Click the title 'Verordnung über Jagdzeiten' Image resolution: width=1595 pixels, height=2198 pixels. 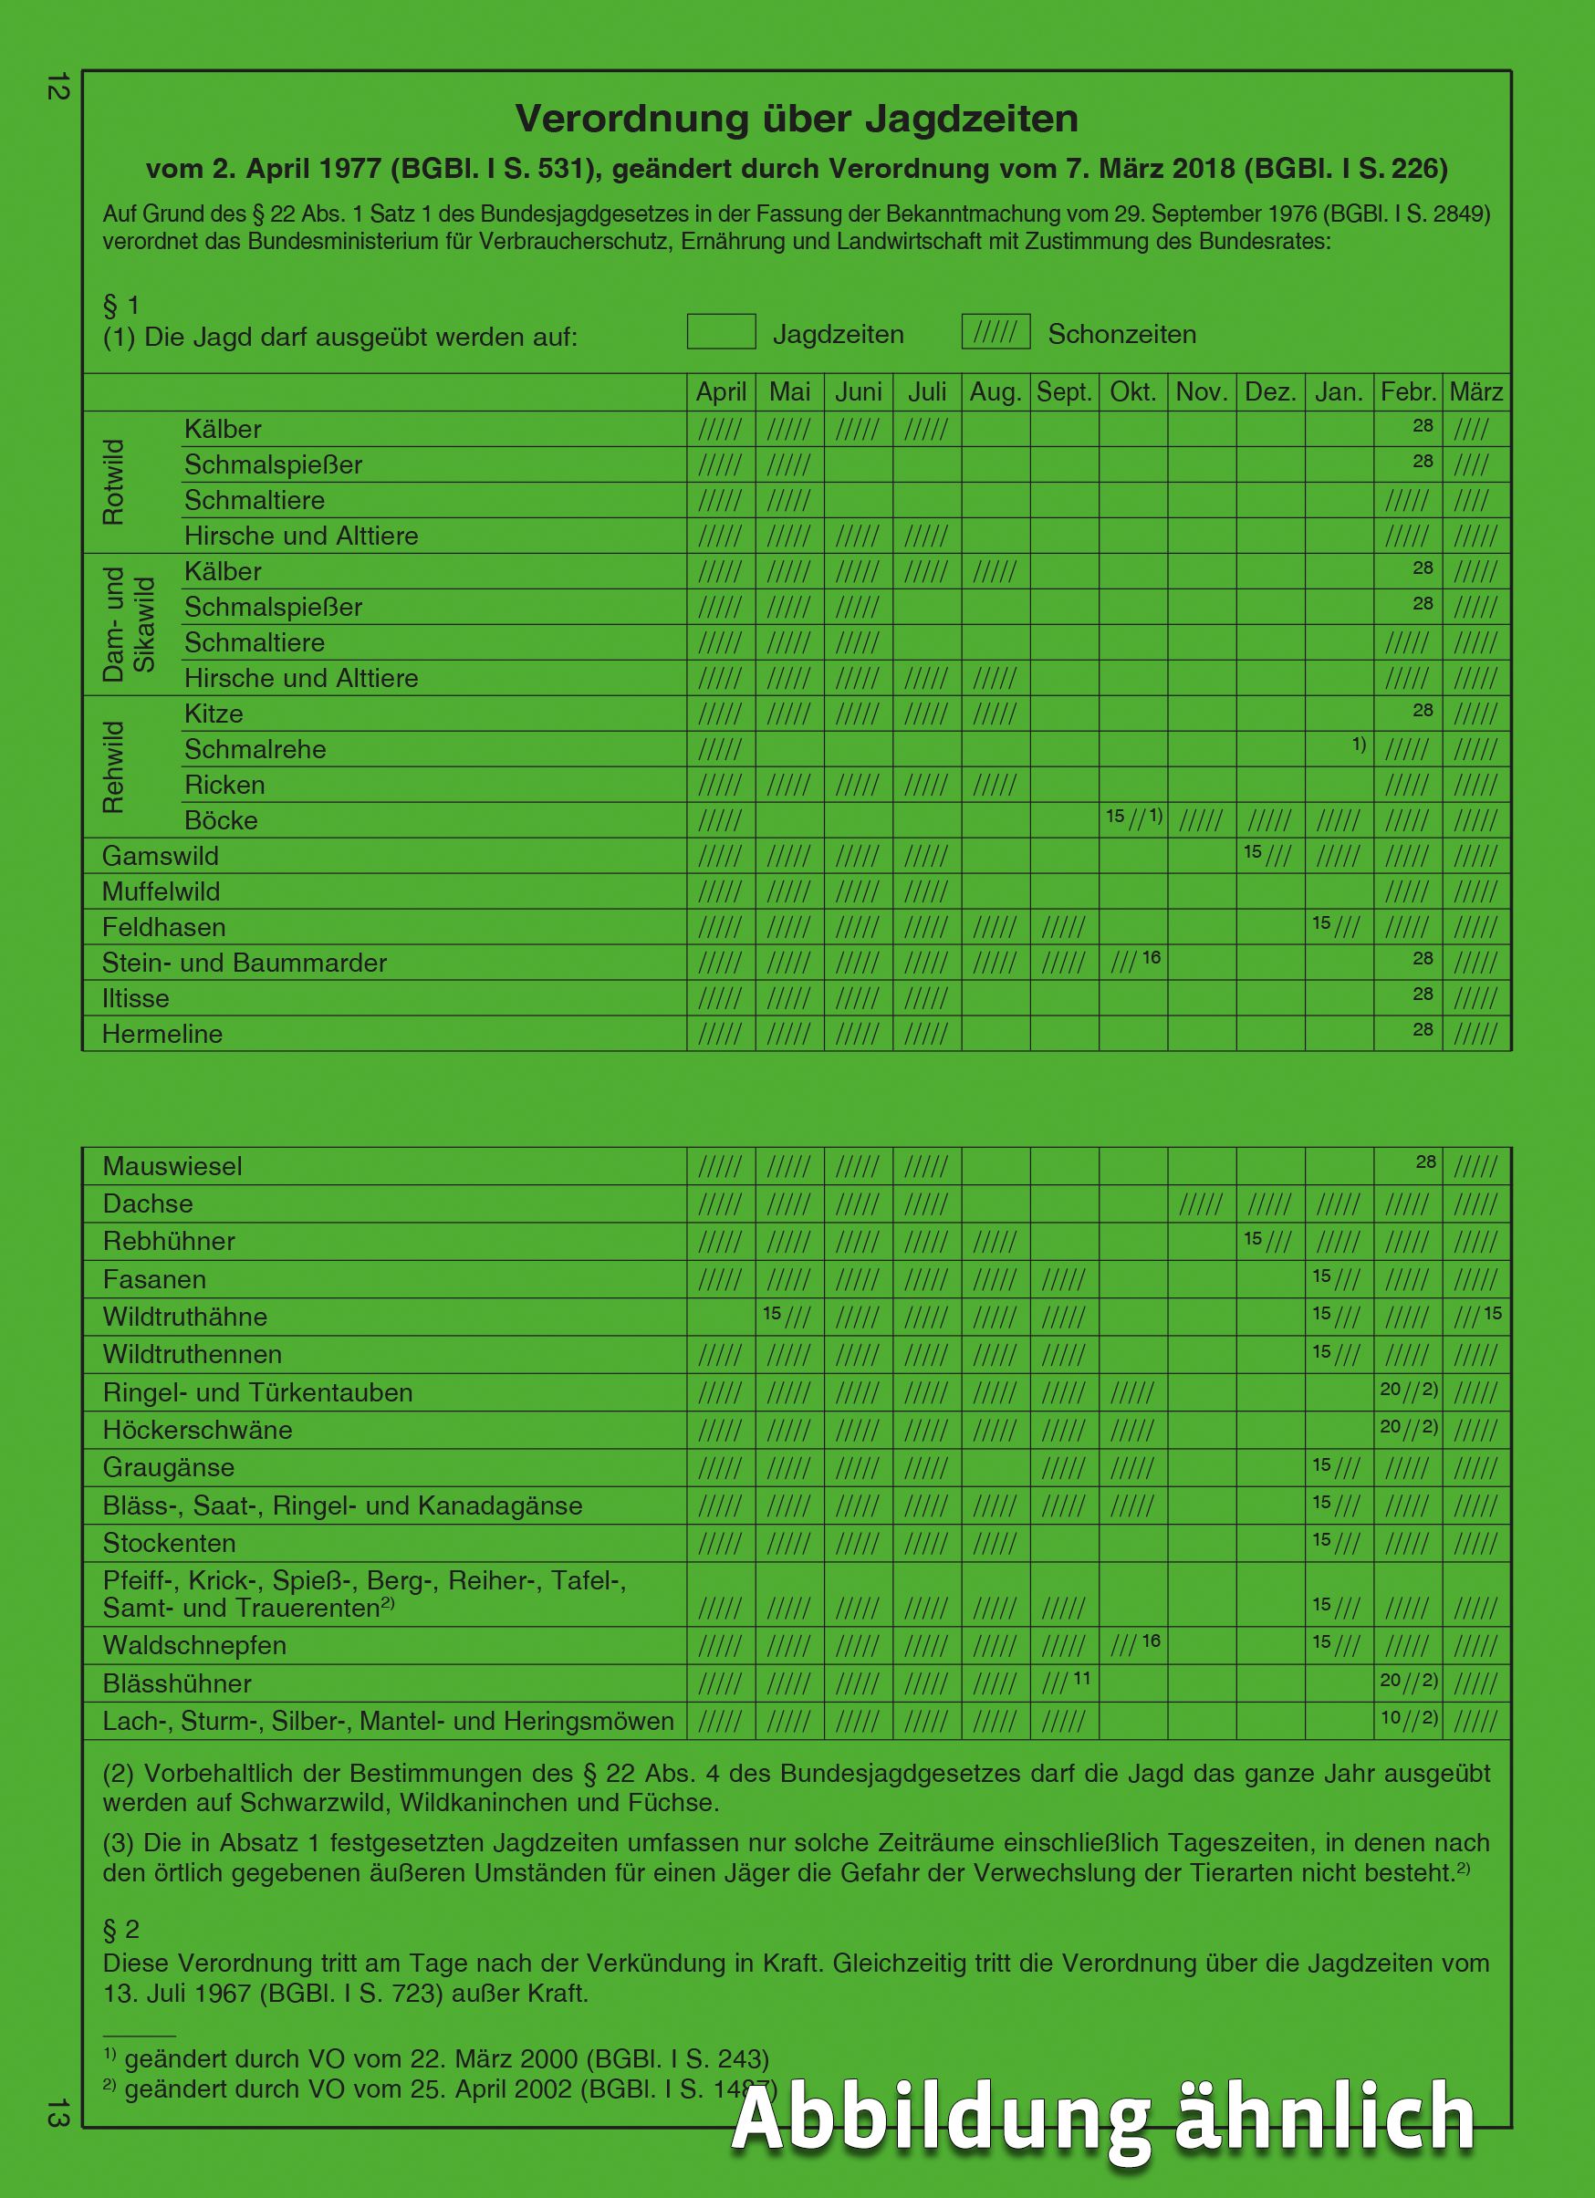(797, 120)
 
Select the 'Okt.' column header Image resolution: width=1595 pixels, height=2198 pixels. (1132, 392)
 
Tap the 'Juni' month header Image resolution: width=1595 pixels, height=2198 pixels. (859, 392)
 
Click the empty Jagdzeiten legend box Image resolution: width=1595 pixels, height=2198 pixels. (721, 331)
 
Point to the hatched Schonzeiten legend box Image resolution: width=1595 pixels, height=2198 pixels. (996, 331)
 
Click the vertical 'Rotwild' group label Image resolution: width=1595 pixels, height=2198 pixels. (113, 482)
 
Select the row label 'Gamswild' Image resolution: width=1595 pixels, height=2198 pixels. (161, 856)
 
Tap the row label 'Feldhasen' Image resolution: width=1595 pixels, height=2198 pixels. (163, 927)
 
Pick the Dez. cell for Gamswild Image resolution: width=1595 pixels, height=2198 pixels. (1270, 855)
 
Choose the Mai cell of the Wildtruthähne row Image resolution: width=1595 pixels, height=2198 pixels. (790, 1317)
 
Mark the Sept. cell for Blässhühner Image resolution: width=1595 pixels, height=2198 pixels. (1065, 1683)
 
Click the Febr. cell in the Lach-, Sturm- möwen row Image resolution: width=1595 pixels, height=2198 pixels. (1408, 1720)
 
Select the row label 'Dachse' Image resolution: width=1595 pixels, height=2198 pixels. (148, 1203)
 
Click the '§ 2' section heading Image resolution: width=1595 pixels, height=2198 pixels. (121, 1930)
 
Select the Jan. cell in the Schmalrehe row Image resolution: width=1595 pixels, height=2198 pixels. (1340, 748)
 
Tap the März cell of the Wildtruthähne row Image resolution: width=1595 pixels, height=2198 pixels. (1476, 1317)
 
